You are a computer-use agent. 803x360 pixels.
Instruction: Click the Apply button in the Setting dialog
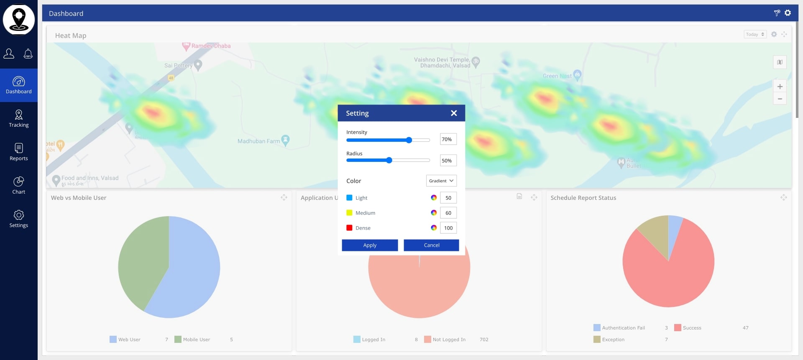[x=370, y=245]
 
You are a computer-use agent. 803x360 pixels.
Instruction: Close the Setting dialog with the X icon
[x=454, y=113]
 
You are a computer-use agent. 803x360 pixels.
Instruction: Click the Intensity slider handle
[x=409, y=140]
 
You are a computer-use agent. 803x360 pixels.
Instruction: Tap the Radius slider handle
[x=389, y=160]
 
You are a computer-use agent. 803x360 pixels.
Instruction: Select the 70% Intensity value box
[x=448, y=139]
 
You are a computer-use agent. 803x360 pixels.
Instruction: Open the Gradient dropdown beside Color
[x=441, y=181]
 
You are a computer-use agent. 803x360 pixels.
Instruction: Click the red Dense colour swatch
[x=349, y=228]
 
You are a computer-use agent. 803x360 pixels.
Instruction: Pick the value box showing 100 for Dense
[x=448, y=228]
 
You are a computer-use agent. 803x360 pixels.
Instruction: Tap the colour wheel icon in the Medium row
[x=434, y=213]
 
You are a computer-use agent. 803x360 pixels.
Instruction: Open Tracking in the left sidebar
[x=19, y=119]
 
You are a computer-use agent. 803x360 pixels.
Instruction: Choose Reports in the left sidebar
[x=19, y=152]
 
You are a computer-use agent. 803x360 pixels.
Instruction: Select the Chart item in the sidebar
[x=19, y=186]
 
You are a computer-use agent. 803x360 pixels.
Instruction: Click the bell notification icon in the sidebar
[x=28, y=54]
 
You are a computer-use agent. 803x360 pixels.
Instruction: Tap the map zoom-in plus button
[x=780, y=87]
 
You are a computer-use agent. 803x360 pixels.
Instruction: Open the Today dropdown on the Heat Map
[x=755, y=34]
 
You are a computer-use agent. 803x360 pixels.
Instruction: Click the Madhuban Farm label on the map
[x=259, y=141]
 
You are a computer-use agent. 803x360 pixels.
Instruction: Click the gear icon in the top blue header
[x=788, y=13]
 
